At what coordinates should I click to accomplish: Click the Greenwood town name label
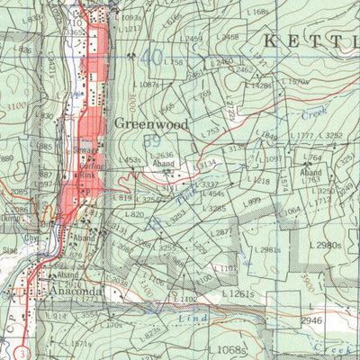[x=151, y=125]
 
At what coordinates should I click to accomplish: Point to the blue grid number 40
[x=154, y=57]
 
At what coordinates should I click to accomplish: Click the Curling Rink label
[x=85, y=167]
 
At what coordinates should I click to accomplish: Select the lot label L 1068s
[x=229, y=349]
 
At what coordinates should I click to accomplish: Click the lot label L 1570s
[x=295, y=82]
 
